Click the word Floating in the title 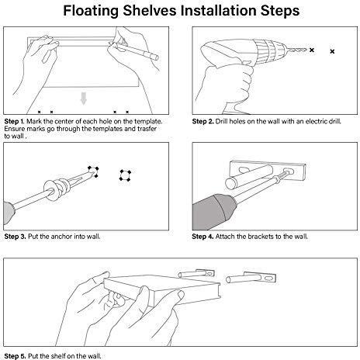[x=91, y=12]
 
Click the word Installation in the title [x=218, y=10]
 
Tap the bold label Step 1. [x=14, y=121]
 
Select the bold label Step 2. [x=202, y=121]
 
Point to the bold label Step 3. [x=15, y=237]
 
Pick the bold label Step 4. [x=202, y=237]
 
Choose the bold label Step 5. [x=15, y=356]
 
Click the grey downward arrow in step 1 [x=83, y=99]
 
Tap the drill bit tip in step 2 [x=306, y=49]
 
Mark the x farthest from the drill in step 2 [x=332, y=51]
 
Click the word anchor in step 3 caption [x=61, y=237]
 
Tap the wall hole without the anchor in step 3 [x=126, y=175]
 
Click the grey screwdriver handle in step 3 [x=9, y=213]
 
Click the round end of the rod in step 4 [x=231, y=183]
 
